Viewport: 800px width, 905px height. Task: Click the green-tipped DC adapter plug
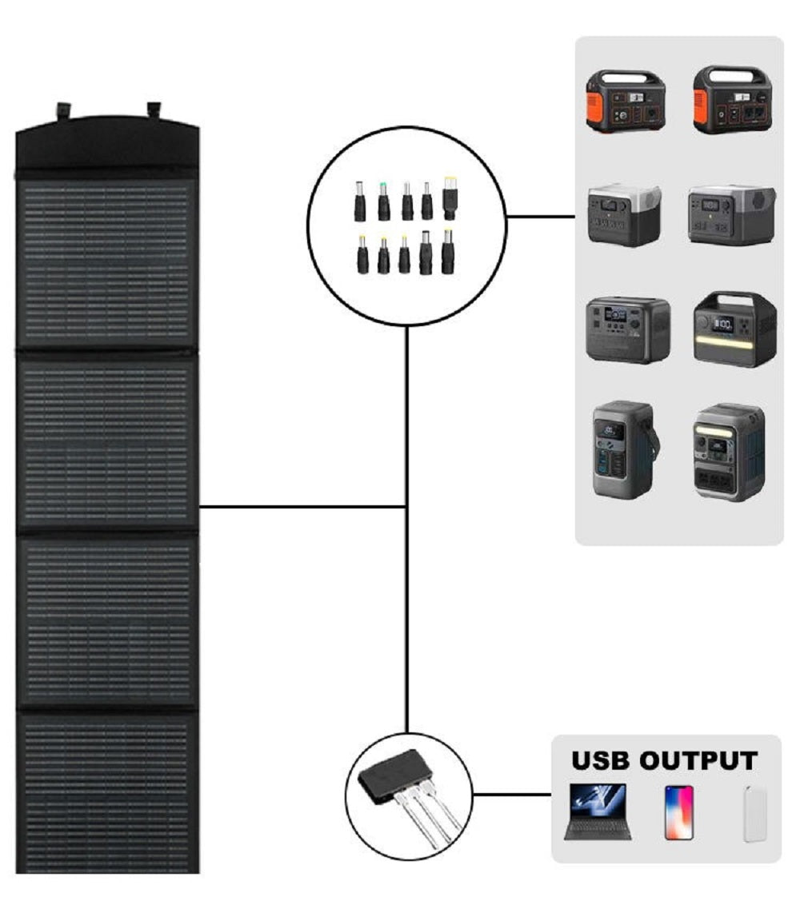click(x=383, y=201)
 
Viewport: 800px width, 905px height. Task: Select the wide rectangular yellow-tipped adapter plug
click(x=450, y=198)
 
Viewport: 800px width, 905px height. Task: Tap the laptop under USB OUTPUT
click(x=598, y=811)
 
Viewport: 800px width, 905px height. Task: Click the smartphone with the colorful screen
click(x=679, y=812)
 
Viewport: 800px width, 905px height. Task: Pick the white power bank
click(x=754, y=813)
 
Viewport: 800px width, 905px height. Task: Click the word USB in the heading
click(x=600, y=761)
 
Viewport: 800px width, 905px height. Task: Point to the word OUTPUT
click(x=698, y=761)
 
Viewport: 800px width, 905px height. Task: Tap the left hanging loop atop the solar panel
click(x=62, y=110)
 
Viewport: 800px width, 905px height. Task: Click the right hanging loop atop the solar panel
click(x=154, y=110)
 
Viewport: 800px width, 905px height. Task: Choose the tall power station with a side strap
click(x=626, y=449)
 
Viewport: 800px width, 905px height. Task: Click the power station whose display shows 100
click(x=734, y=329)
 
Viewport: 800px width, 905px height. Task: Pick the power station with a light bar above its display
click(x=729, y=452)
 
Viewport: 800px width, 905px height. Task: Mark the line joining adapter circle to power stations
click(x=541, y=217)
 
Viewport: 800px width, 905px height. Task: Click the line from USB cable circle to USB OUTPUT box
click(x=512, y=794)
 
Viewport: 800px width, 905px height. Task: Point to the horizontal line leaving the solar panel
click(x=303, y=507)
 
